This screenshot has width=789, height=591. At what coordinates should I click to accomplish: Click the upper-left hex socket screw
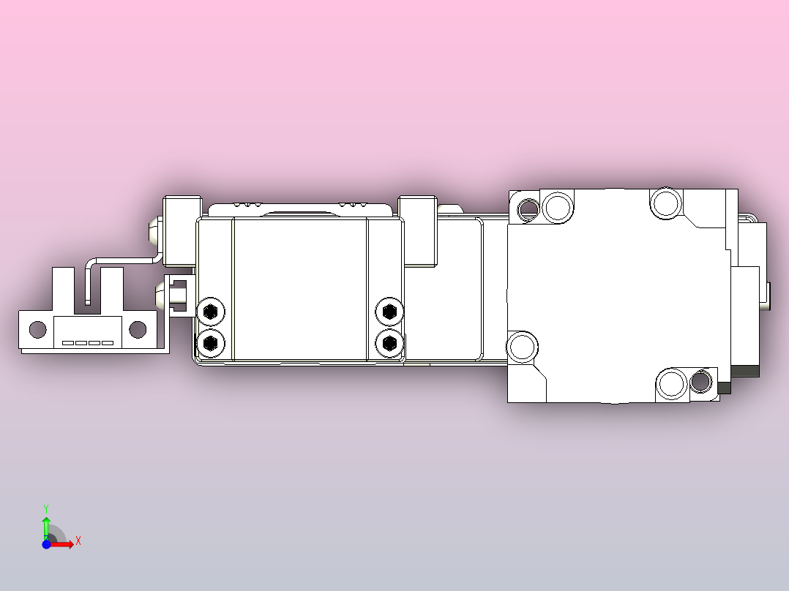pyautogui.click(x=211, y=312)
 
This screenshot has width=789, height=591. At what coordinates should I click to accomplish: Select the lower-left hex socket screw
pyautogui.click(x=211, y=342)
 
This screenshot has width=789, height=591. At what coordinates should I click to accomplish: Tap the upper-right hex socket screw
pyautogui.click(x=389, y=312)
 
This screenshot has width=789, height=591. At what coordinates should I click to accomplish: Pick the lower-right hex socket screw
pyautogui.click(x=389, y=342)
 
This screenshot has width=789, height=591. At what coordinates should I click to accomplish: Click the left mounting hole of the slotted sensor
pyautogui.click(x=36, y=330)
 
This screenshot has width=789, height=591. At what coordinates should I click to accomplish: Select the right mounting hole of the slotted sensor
pyautogui.click(x=137, y=330)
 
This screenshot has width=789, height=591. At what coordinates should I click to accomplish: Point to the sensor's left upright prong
pyautogui.click(x=62, y=287)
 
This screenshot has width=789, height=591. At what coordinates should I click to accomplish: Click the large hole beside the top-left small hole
pyautogui.click(x=558, y=206)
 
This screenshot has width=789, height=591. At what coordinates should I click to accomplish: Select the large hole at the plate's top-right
pyautogui.click(x=666, y=203)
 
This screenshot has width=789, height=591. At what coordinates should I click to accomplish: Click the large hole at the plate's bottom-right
pyautogui.click(x=671, y=384)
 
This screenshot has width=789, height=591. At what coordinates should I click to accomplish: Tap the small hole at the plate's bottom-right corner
pyautogui.click(x=700, y=382)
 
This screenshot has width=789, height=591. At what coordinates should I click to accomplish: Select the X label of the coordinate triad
pyautogui.click(x=78, y=541)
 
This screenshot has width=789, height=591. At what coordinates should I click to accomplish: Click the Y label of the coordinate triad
pyautogui.click(x=46, y=508)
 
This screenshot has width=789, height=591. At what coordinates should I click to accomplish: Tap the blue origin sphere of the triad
pyautogui.click(x=46, y=544)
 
